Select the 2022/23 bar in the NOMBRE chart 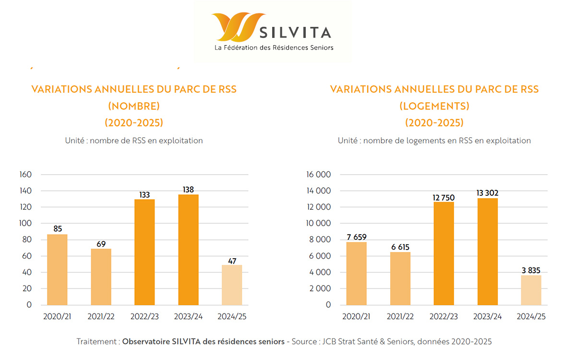(x=144, y=252)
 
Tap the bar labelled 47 (x=232, y=285)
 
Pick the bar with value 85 (x=57, y=269)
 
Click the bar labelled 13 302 (x=488, y=252)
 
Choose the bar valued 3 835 (x=531, y=290)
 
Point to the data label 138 (x=188, y=190)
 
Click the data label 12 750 (x=444, y=198)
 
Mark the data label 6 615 (x=400, y=247)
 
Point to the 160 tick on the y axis (x=26, y=175)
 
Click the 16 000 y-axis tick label (x=319, y=175)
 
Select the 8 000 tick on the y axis (x=321, y=240)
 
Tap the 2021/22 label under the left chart (x=101, y=317)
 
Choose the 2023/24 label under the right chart (x=488, y=317)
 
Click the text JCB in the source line (x=330, y=342)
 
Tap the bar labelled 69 (x=101, y=276)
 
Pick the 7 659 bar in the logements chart (x=356, y=273)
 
